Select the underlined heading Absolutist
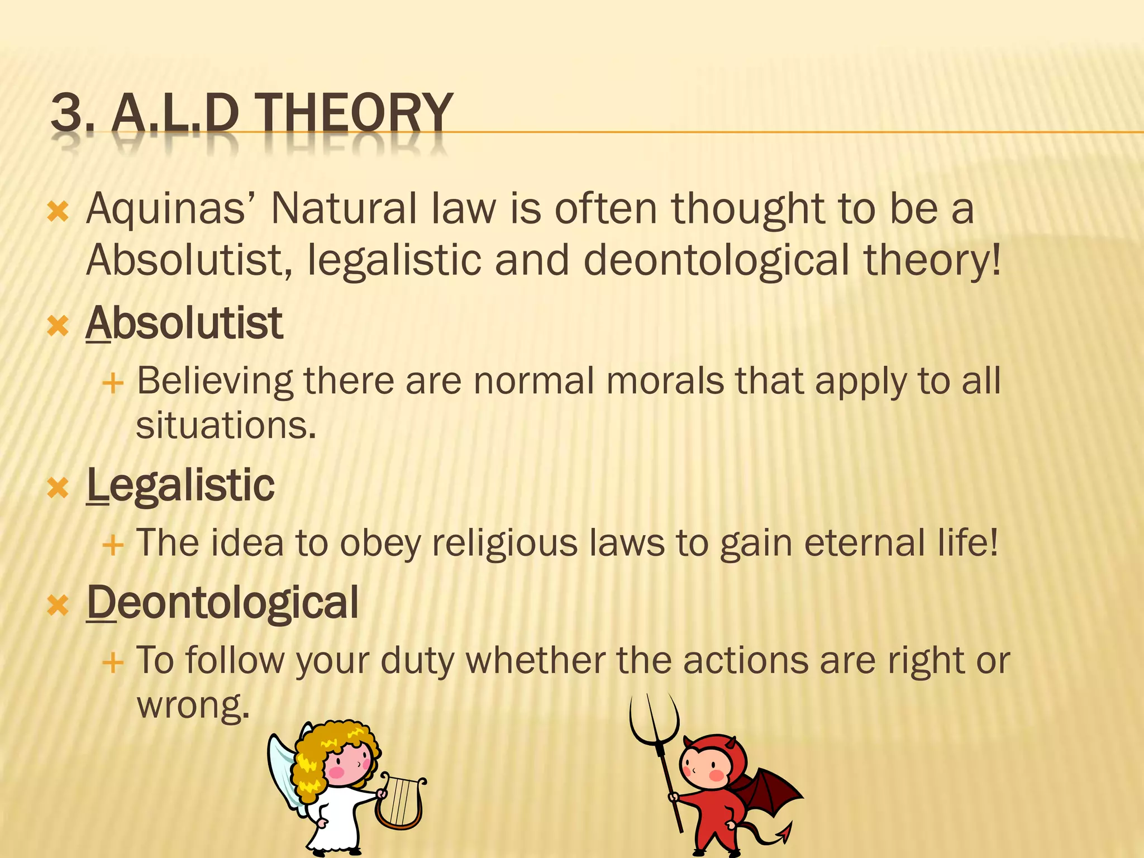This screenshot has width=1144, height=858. [184, 323]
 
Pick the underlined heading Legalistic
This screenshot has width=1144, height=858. [180, 485]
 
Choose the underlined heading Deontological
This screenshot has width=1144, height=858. [222, 603]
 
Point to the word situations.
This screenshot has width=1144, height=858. [226, 426]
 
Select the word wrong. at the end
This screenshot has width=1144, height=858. [193, 705]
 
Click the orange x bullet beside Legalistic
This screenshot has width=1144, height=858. [58, 488]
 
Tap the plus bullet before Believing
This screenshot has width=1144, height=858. [113, 384]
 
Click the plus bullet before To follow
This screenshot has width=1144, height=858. [113, 663]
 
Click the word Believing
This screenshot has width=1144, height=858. [214, 382]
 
